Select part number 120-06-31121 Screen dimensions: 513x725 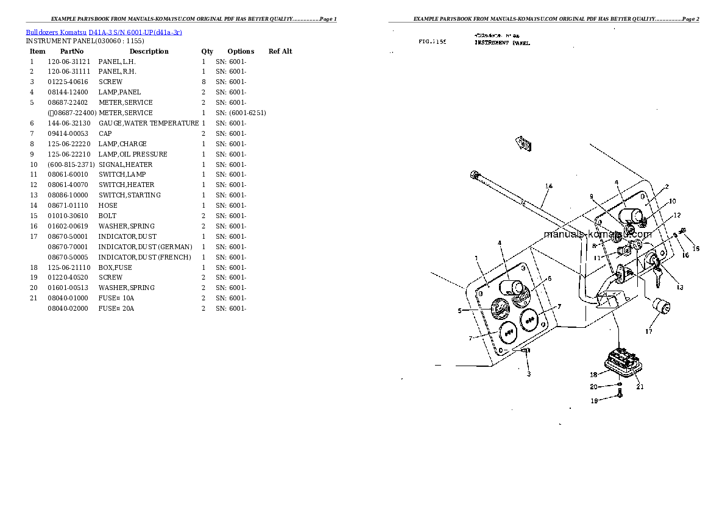[68, 62]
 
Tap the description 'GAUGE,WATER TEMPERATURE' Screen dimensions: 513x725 [149, 123]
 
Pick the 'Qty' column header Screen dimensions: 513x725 [207, 51]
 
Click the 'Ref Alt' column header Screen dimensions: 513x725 [280, 51]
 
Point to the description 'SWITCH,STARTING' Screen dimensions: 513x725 [130, 195]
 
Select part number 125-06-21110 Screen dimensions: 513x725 [68, 267]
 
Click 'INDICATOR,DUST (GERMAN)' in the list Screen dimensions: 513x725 [145, 247]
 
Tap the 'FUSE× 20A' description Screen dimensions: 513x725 [116, 308]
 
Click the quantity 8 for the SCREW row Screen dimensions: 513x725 [203, 82]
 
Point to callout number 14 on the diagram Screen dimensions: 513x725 [548, 186]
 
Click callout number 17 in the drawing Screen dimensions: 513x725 [649, 331]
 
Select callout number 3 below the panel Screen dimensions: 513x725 [528, 373]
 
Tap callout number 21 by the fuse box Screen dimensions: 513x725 [640, 386]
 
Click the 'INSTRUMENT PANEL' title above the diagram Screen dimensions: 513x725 [502, 44]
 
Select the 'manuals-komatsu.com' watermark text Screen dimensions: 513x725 [597, 234]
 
